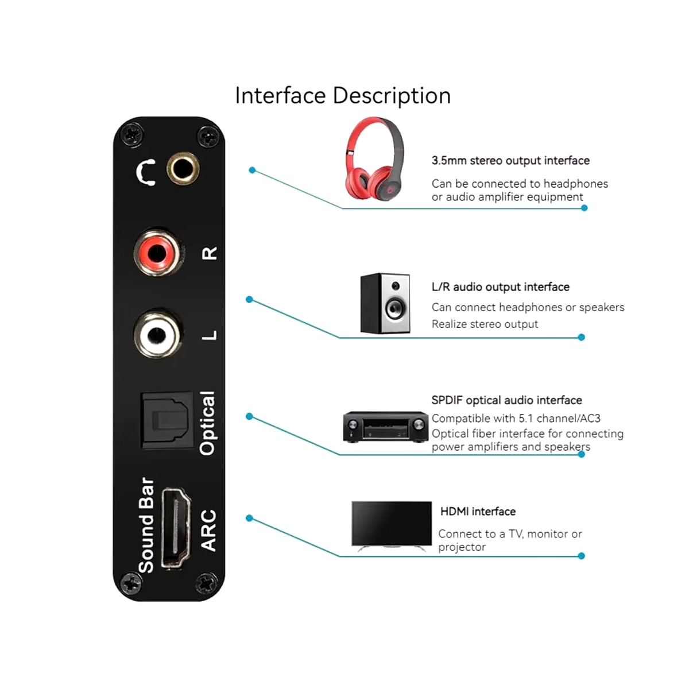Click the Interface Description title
coord(343,96)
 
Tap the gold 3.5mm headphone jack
coord(183,168)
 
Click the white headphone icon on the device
coord(146,172)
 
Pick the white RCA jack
coord(157,335)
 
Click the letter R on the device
coord(210,253)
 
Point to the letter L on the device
coord(210,335)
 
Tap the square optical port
coord(167,421)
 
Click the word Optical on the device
coord(208,423)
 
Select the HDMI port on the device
coord(176,528)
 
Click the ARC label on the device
coord(208,531)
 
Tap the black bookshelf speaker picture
coord(385,304)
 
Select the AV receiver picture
coord(385,427)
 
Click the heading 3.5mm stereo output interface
coord(510,161)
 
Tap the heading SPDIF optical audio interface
coord(506,400)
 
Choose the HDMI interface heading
coord(478,512)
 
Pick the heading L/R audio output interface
coord(501,287)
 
